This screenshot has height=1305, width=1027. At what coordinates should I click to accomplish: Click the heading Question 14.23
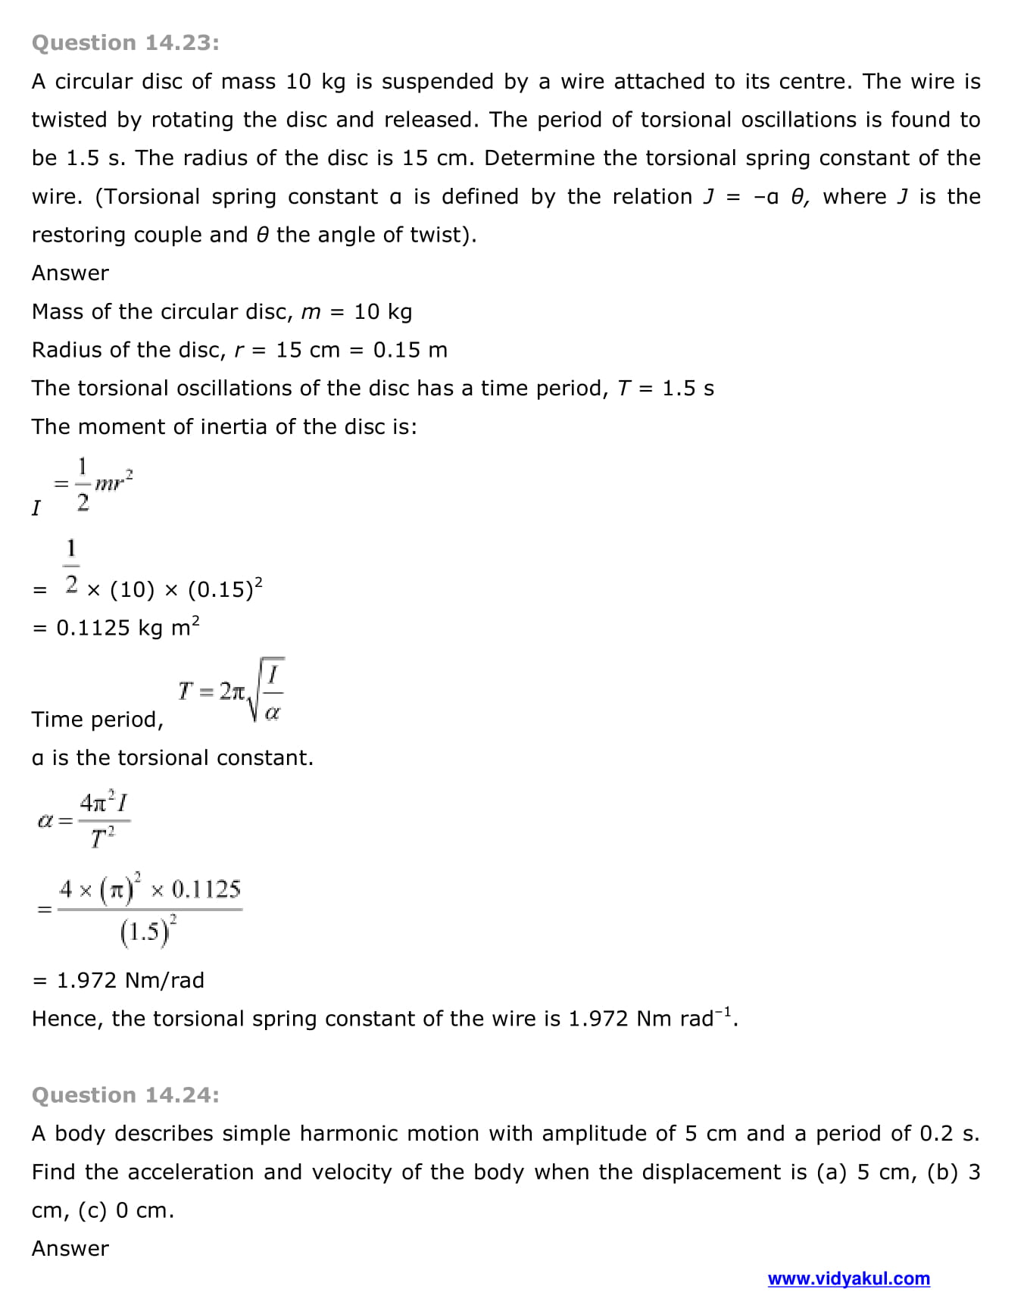pos(126,43)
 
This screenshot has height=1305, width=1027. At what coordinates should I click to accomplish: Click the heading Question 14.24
pos(126,1095)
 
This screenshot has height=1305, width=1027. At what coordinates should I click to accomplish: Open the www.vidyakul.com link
pos(848,1278)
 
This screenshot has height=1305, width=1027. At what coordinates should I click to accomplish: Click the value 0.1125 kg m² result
pos(127,628)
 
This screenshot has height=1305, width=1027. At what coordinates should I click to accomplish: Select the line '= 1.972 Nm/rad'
pos(119,980)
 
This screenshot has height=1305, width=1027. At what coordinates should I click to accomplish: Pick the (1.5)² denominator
pos(148,930)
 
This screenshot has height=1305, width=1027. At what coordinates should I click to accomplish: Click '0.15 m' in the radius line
pos(410,350)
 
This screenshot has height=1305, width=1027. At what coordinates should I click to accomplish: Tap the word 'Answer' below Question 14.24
pos(70,1248)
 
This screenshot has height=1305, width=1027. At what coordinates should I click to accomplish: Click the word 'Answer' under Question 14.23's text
pos(70,273)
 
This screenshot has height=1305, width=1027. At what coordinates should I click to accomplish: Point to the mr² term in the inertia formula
pos(114,482)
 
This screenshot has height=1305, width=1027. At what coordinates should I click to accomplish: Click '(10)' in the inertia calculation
pos(132,589)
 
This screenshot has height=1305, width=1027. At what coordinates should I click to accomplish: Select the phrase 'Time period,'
pos(98,720)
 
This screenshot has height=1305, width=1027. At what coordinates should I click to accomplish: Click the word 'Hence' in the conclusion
pos(67,1019)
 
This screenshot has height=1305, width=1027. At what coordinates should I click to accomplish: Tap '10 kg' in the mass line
pos(382,311)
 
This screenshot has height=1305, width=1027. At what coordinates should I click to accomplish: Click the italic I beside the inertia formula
pos(36,507)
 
